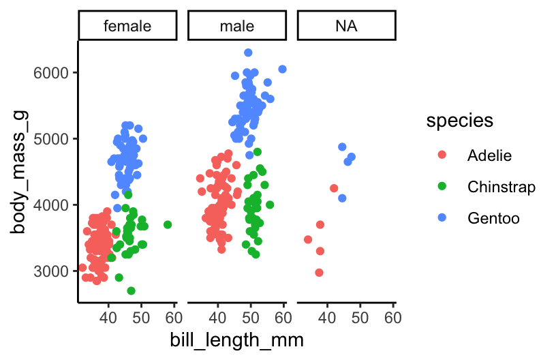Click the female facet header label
coord(127,27)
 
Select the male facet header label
coord(237,27)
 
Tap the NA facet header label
coord(346,27)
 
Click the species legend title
coord(460,121)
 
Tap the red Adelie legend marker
coord(442,155)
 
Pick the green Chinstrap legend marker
coord(442,187)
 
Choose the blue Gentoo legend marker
coord(442,218)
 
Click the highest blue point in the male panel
coord(248,52)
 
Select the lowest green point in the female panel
coord(131,290)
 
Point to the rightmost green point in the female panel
coord(168,224)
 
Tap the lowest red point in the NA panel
coord(319,273)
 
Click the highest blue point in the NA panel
coord(342,147)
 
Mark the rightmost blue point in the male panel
coord(283,69)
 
